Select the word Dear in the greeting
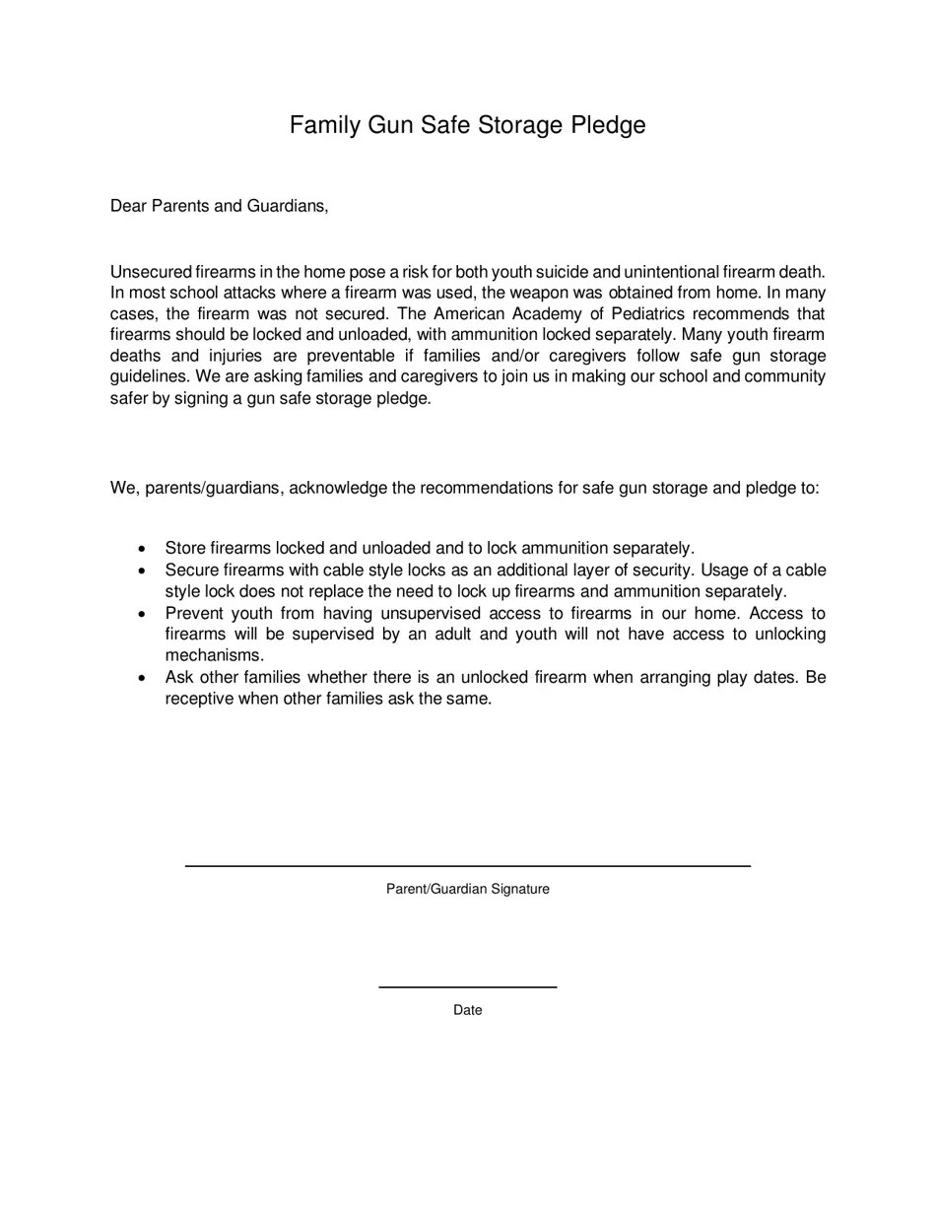128,206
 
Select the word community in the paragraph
784,376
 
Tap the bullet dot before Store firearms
144,549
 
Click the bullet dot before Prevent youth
144,614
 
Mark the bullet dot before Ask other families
144,678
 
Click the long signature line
468,865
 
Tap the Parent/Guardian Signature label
468,889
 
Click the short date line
468,986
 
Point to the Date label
468,1010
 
